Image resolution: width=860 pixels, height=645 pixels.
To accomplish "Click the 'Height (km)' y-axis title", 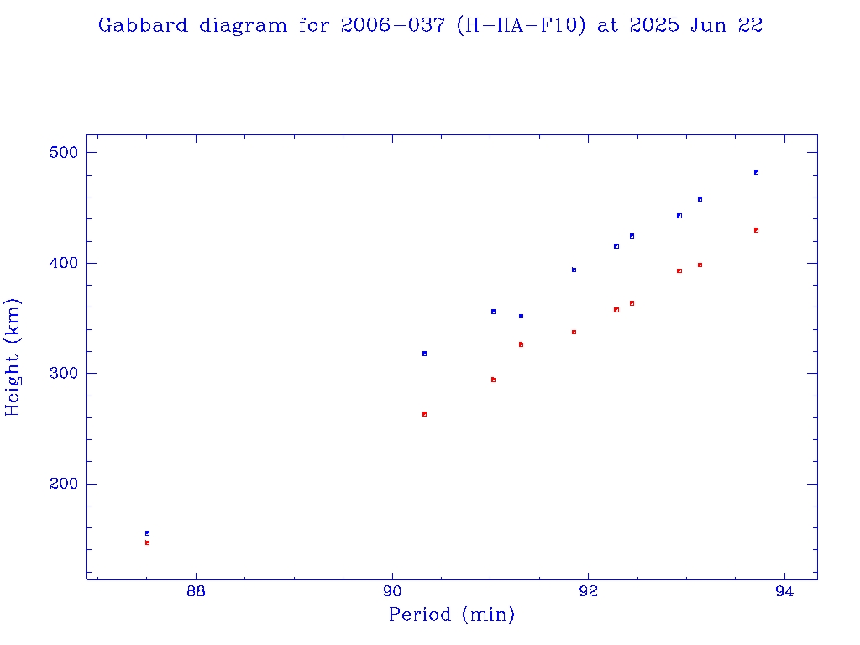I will tap(13, 357).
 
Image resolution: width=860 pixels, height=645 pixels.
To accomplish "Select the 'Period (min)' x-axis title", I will tap(451, 615).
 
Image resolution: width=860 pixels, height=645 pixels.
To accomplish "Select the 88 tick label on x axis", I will tap(196, 591).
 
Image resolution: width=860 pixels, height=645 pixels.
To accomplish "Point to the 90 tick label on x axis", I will tap(392, 591).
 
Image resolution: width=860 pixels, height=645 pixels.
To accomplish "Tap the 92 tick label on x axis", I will tap(589, 591).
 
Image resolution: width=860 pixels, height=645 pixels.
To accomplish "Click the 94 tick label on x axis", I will tap(784, 591).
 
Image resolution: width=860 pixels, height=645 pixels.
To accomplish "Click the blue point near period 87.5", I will tap(147, 533).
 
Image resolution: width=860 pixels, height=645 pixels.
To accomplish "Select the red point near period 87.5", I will tap(147, 543).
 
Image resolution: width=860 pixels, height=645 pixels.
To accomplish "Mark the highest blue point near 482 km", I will tap(756, 172).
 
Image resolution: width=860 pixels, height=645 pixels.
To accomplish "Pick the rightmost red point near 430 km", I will tap(756, 230).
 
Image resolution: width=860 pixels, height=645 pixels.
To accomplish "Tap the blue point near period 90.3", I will tap(424, 354).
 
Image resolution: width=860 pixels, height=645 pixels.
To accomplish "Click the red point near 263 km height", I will tap(424, 414).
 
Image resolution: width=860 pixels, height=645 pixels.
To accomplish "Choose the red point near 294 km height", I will tap(493, 380).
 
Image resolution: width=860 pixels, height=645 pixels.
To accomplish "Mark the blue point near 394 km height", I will tap(574, 270).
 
